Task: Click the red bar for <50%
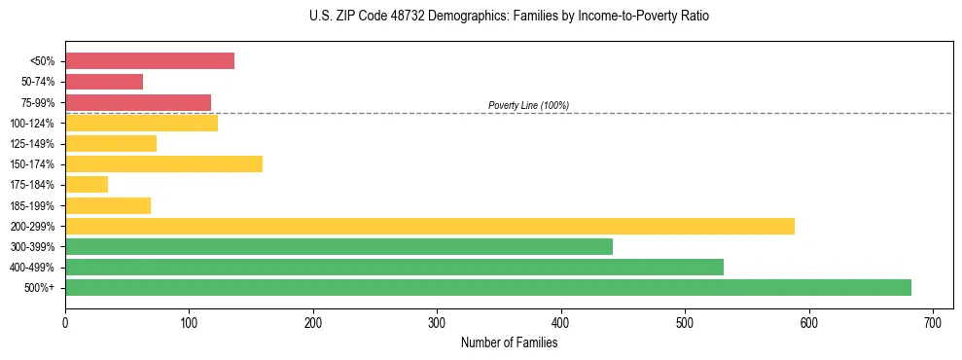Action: (x=150, y=60)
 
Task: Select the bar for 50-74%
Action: (x=104, y=82)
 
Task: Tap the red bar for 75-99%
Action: (x=138, y=102)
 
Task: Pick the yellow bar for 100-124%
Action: (x=141, y=123)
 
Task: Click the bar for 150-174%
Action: (x=163, y=163)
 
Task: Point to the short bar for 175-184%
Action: (x=87, y=184)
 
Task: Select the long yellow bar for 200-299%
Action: (x=429, y=226)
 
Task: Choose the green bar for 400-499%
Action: (x=394, y=267)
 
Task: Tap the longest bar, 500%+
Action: (x=487, y=287)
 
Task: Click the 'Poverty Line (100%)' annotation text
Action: (x=528, y=105)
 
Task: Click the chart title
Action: (x=511, y=17)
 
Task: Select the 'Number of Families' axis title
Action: (x=509, y=342)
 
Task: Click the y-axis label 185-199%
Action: (x=37, y=205)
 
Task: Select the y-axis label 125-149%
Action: (x=37, y=144)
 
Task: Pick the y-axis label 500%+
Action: (x=43, y=288)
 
